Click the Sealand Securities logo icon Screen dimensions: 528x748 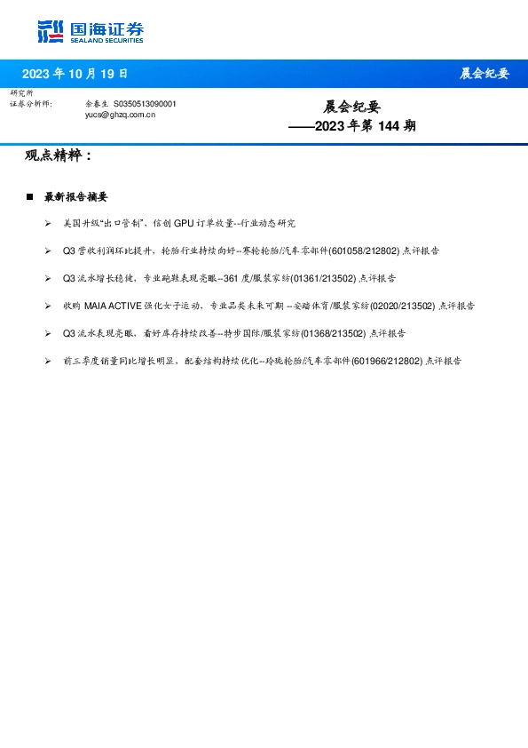tap(51, 31)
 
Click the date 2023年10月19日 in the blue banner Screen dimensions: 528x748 tap(75, 74)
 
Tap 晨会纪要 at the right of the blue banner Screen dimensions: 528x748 tap(485, 74)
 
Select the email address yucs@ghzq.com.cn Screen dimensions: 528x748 tap(120, 115)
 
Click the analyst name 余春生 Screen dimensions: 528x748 tap(96, 104)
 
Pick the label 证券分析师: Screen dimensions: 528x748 tap(31, 104)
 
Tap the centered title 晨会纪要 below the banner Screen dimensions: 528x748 tap(351, 107)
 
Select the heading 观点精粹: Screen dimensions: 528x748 tap(59, 156)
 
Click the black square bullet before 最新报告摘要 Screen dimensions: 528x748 tap(29, 196)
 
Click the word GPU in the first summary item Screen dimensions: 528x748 tap(183, 224)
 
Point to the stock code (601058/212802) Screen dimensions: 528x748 tap(364, 251)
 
